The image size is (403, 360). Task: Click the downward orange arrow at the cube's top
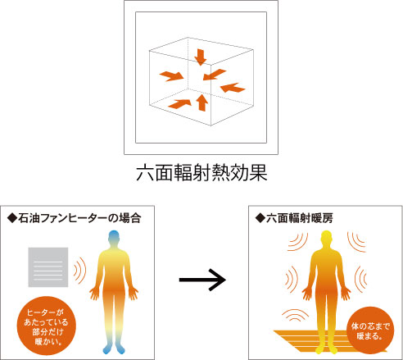point(201,57)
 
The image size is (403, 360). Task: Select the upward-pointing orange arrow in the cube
point(201,103)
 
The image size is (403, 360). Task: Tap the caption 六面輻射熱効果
point(201,173)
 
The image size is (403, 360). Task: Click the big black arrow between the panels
point(202,280)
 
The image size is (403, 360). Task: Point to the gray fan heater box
point(48,267)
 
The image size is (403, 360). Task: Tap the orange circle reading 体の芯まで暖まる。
point(370,330)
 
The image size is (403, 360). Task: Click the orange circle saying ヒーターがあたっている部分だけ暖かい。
point(47,326)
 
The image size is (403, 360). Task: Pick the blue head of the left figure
point(114,237)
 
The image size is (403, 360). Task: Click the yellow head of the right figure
point(326,237)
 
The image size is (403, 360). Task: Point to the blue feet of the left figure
point(114,349)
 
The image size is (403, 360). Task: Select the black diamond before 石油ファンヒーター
point(12,219)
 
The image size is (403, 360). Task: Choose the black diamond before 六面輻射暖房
point(260,219)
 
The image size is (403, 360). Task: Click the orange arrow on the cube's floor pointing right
point(179,104)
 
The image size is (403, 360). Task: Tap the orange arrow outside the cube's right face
point(233,88)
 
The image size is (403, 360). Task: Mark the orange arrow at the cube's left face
point(171,76)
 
